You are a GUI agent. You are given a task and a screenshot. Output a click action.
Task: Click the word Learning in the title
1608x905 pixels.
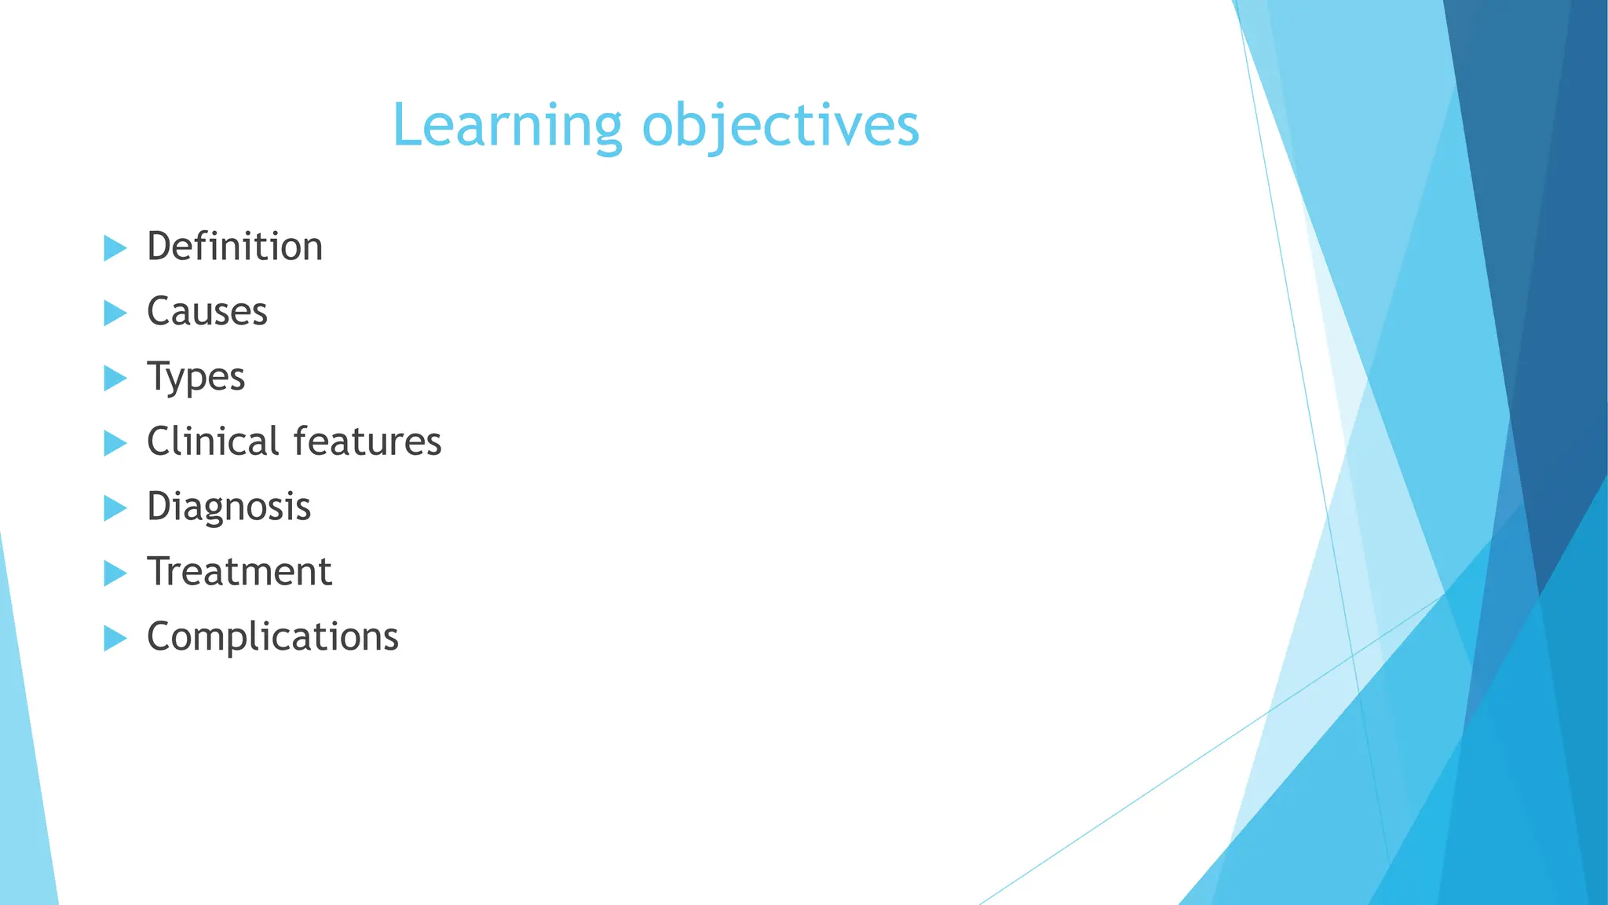tap(506, 126)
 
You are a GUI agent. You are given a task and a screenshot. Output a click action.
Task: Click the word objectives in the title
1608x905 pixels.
tap(780, 126)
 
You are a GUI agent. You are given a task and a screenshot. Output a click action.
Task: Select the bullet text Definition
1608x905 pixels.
tap(235, 247)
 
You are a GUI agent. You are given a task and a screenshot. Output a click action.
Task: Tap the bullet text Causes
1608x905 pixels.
tap(207, 312)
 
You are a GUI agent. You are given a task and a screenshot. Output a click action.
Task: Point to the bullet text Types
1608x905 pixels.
tap(196, 378)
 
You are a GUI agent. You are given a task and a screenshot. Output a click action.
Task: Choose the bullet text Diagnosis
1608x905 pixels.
tap(228, 507)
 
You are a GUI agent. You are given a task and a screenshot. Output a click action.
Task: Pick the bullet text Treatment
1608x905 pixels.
tap(239, 572)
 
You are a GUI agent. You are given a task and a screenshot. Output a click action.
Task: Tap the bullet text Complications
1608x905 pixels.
tap(272, 637)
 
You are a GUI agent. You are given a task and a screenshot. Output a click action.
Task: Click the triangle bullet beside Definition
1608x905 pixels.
tap(114, 248)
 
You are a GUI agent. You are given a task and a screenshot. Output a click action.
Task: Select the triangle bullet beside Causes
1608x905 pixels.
tap(114, 313)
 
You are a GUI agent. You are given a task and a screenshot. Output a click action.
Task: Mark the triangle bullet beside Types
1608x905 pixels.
tap(114, 379)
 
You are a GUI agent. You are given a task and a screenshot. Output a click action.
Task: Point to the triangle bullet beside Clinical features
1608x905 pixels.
tap(114, 444)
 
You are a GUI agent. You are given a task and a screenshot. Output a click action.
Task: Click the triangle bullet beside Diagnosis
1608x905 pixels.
tap(114, 508)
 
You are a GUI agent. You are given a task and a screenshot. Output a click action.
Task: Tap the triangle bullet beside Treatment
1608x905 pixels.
tap(114, 573)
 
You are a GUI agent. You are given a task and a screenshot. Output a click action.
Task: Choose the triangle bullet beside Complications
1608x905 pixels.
tap(114, 639)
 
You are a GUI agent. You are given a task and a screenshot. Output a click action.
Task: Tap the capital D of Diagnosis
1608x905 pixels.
tap(159, 506)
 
